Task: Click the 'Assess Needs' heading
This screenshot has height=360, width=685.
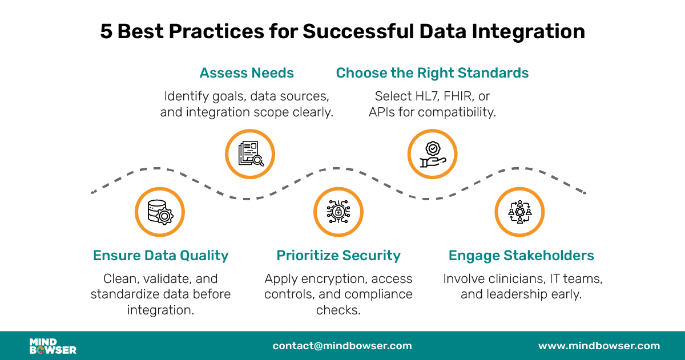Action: point(247,73)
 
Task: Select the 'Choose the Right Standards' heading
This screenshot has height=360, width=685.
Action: point(432,73)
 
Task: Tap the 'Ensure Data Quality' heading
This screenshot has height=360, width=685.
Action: point(160,256)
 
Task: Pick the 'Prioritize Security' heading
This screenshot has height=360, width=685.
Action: point(339,256)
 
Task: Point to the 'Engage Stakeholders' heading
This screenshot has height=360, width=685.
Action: point(521,256)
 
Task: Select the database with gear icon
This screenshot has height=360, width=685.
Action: point(160,212)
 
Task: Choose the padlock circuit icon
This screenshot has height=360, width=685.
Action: point(339,212)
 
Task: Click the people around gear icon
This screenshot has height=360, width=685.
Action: point(519,212)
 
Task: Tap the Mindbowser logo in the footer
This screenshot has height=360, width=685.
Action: point(53,346)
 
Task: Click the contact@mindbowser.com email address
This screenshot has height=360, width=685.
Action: point(342,346)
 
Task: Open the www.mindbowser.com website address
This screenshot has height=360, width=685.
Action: point(599,346)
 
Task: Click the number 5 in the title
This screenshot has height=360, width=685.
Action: point(106,32)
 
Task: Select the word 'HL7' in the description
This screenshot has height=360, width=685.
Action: point(426,96)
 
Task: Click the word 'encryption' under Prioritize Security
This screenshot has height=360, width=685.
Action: point(327,279)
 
